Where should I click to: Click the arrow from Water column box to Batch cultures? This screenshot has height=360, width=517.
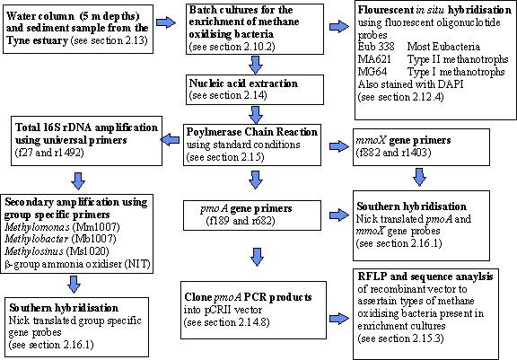[x=166, y=22]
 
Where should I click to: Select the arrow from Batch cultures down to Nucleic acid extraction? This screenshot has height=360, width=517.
[x=256, y=65]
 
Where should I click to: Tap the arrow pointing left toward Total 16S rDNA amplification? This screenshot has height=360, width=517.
[x=170, y=139]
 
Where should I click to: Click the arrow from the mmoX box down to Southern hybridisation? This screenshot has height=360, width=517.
[x=419, y=177]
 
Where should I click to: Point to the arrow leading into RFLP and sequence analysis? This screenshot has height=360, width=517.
[x=339, y=319]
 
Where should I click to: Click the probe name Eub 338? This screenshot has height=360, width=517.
[x=376, y=47]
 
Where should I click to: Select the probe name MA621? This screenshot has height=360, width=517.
[x=374, y=59]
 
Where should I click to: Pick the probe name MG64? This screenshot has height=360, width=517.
[x=372, y=72]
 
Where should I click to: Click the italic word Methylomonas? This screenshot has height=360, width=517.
[x=37, y=227]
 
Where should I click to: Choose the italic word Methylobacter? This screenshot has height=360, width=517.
[x=37, y=239]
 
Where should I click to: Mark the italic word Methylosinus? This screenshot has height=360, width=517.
[x=34, y=251]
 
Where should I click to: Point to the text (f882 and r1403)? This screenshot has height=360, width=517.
[x=393, y=153]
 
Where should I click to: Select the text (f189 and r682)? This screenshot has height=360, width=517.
[x=241, y=220]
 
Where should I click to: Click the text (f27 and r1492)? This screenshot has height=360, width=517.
[x=49, y=153]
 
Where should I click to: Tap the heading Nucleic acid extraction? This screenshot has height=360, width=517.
[x=243, y=83]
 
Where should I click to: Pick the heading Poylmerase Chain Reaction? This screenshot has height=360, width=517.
[x=252, y=132]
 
